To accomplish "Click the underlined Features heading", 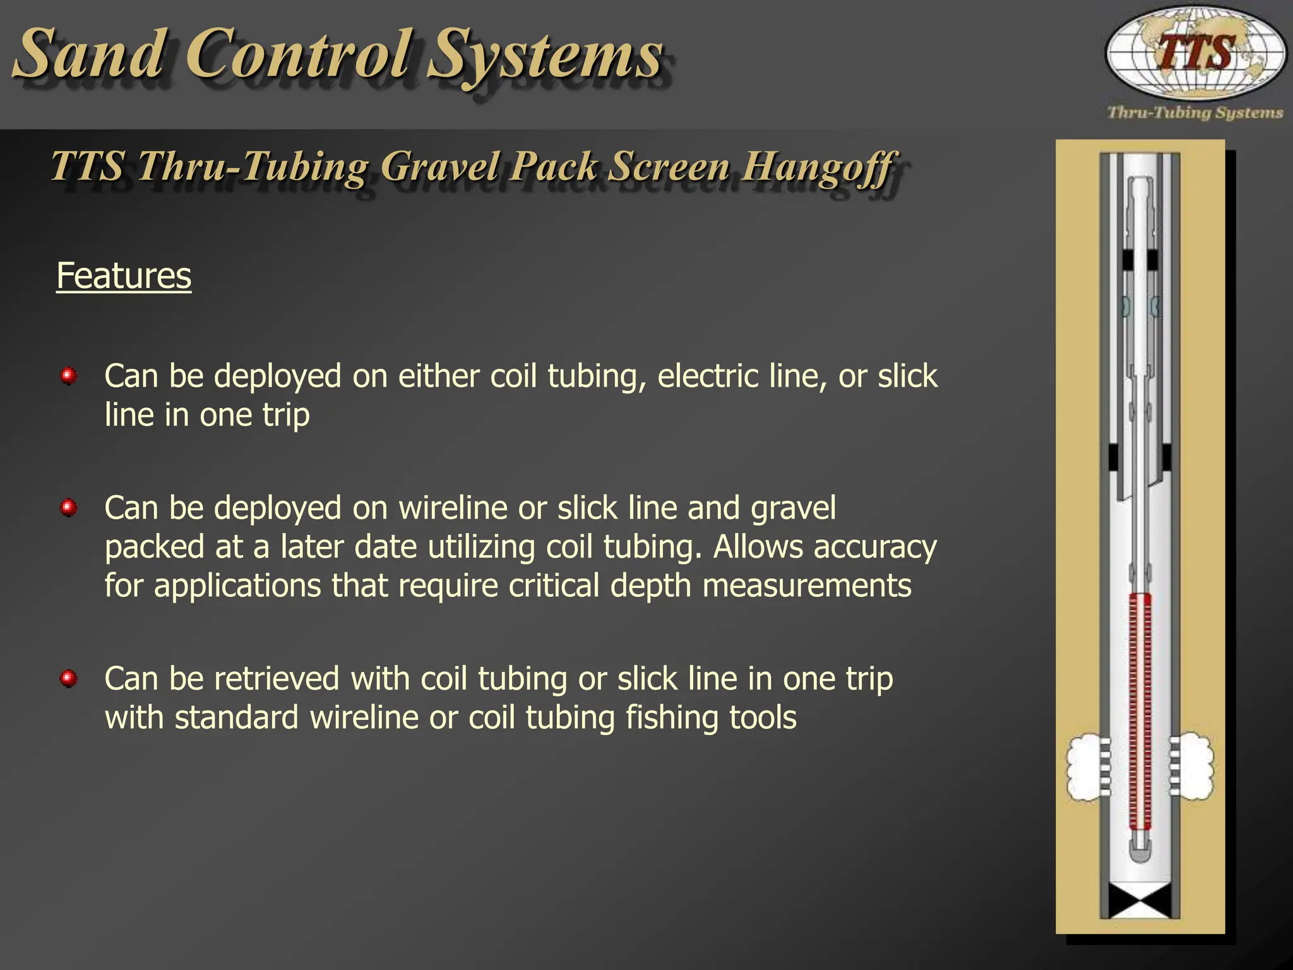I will [124, 276].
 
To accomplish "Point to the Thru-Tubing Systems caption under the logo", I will [1195, 113].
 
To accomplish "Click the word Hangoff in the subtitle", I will [818, 167].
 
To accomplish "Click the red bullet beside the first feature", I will [69, 376].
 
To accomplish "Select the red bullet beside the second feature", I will [69, 508].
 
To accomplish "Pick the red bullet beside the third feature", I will [69, 679].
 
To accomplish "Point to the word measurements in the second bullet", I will [807, 585].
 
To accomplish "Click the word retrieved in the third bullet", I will [277, 679].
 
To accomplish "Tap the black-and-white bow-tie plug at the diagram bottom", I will [1140, 901].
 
